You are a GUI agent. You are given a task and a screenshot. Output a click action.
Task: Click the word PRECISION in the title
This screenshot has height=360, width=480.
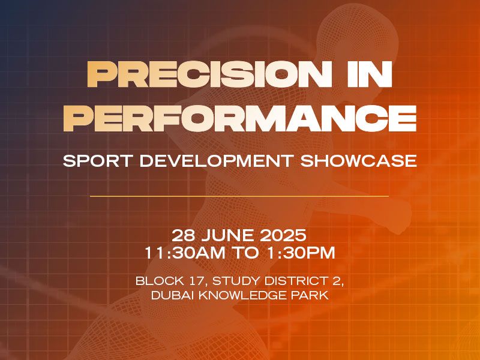pos(209,74)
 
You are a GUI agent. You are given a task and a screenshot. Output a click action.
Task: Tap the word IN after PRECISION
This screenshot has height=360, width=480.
pos(370,74)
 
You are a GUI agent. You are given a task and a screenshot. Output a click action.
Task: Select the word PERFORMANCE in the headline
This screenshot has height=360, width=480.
pos(240,118)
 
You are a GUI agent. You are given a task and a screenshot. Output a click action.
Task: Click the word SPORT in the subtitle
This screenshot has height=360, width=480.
pos(98,161)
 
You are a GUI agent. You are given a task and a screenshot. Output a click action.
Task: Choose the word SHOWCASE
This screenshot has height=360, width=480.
pos(358,161)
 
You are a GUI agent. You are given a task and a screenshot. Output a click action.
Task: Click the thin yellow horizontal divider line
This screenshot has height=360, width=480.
pos(239,196)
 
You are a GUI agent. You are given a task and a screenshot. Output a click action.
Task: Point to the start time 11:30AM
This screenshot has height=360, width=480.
pos(185,253)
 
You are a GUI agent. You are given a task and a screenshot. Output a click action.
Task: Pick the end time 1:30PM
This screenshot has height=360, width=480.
pos(301,253)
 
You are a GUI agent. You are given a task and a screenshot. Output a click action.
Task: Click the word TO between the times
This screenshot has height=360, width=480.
pos(247,253)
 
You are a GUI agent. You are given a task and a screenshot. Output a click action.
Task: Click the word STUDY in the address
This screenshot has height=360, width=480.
pos(236,281)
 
